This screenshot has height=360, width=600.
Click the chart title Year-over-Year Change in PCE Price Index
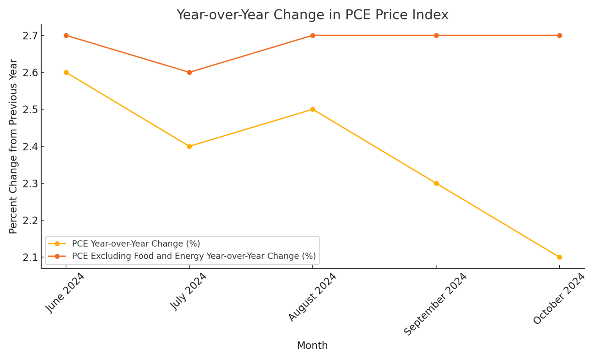pyautogui.click(x=312, y=15)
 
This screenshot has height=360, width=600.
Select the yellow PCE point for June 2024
pyautogui.click(x=66, y=73)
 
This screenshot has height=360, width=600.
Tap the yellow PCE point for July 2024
pyautogui.click(x=189, y=146)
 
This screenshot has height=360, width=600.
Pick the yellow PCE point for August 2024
pyautogui.click(x=312, y=109)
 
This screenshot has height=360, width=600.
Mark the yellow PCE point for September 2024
pyautogui.click(x=436, y=184)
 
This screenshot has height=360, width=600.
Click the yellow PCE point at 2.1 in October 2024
pyautogui.click(x=559, y=257)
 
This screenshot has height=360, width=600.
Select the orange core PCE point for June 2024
pyautogui.click(x=66, y=36)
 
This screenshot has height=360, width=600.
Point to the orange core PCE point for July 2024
pyautogui.click(x=189, y=73)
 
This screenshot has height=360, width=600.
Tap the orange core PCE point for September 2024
pyautogui.click(x=436, y=36)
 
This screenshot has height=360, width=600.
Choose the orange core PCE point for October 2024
pyautogui.click(x=559, y=36)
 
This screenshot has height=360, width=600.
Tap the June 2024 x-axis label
pyautogui.click(x=65, y=293)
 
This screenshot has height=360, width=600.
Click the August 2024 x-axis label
pyautogui.click(x=312, y=297)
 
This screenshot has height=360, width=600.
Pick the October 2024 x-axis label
pyautogui.click(x=559, y=299)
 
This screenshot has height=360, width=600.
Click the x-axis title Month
pyautogui.click(x=312, y=346)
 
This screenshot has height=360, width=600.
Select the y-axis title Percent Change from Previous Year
pyautogui.click(x=13, y=146)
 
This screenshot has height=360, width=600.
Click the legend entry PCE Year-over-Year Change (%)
pyautogui.click(x=136, y=244)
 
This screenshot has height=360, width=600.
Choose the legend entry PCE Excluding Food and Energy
pyautogui.click(x=194, y=256)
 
